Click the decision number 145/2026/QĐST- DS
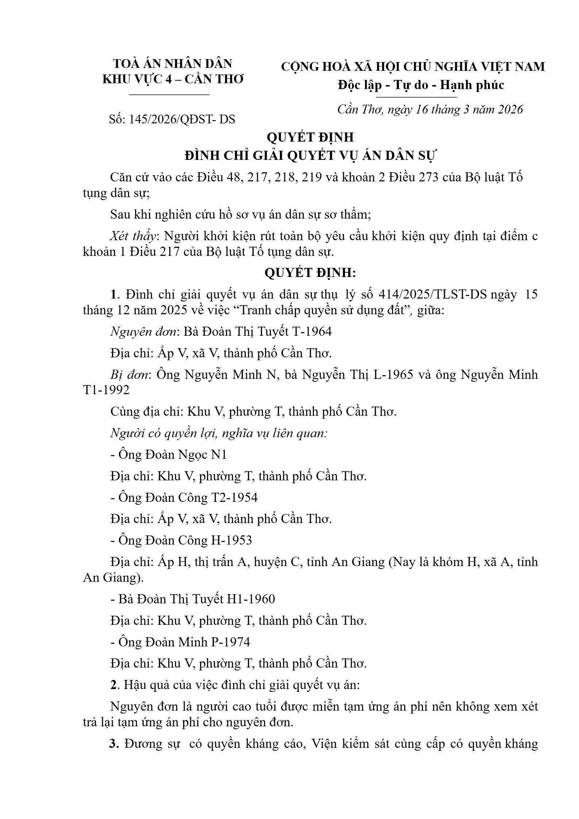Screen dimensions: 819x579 coord(182,119)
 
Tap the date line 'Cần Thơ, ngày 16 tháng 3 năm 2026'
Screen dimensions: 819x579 coord(430,109)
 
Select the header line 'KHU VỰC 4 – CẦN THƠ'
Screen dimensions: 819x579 coord(173,80)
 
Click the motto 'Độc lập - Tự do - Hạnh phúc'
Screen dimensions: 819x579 coord(421,85)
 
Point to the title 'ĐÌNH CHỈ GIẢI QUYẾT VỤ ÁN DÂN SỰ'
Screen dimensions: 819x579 coord(310,156)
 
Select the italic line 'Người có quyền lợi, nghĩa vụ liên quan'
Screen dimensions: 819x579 coord(219,433)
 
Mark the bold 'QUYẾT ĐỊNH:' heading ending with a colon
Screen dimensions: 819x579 coord(310,273)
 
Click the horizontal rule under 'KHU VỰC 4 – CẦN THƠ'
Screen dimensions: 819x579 coord(170,95)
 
